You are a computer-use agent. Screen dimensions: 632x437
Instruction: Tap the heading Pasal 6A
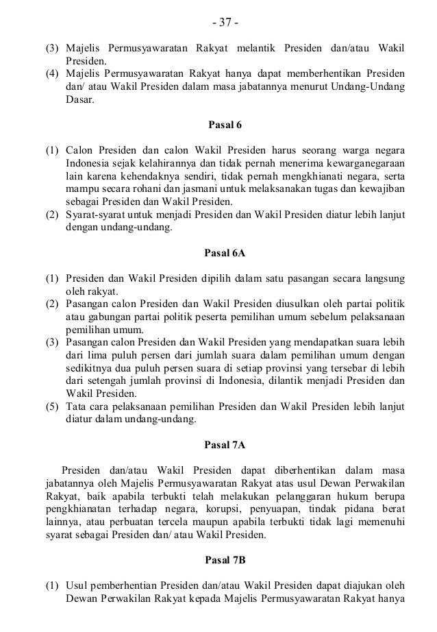coord(225,253)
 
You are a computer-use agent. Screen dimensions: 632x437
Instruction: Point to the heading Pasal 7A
coord(225,445)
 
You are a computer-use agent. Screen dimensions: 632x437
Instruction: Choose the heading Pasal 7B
coord(225,560)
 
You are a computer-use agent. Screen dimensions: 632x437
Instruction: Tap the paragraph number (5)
coord(52,406)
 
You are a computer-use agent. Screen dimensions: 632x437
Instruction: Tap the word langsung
coord(383,278)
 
